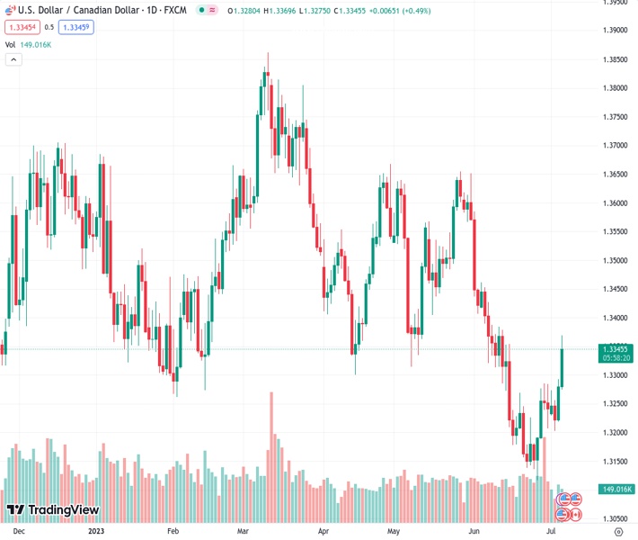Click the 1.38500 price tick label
pos(616,59)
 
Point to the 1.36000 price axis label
pos(616,202)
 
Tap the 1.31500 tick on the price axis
pos(616,461)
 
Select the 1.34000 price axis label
pos(616,318)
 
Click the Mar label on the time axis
pos(244,531)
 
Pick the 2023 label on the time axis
pos(97,531)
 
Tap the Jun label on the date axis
pos(475,531)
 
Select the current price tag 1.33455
pos(616,348)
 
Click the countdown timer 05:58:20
pos(616,357)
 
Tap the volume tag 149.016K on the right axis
pos(616,490)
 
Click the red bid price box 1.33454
pos(22,27)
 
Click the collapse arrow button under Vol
pos(13,59)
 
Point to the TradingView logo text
pos(63,510)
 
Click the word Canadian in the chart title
pos(98,10)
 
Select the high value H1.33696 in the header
pos(281,10)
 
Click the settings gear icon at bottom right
pos(617,531)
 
